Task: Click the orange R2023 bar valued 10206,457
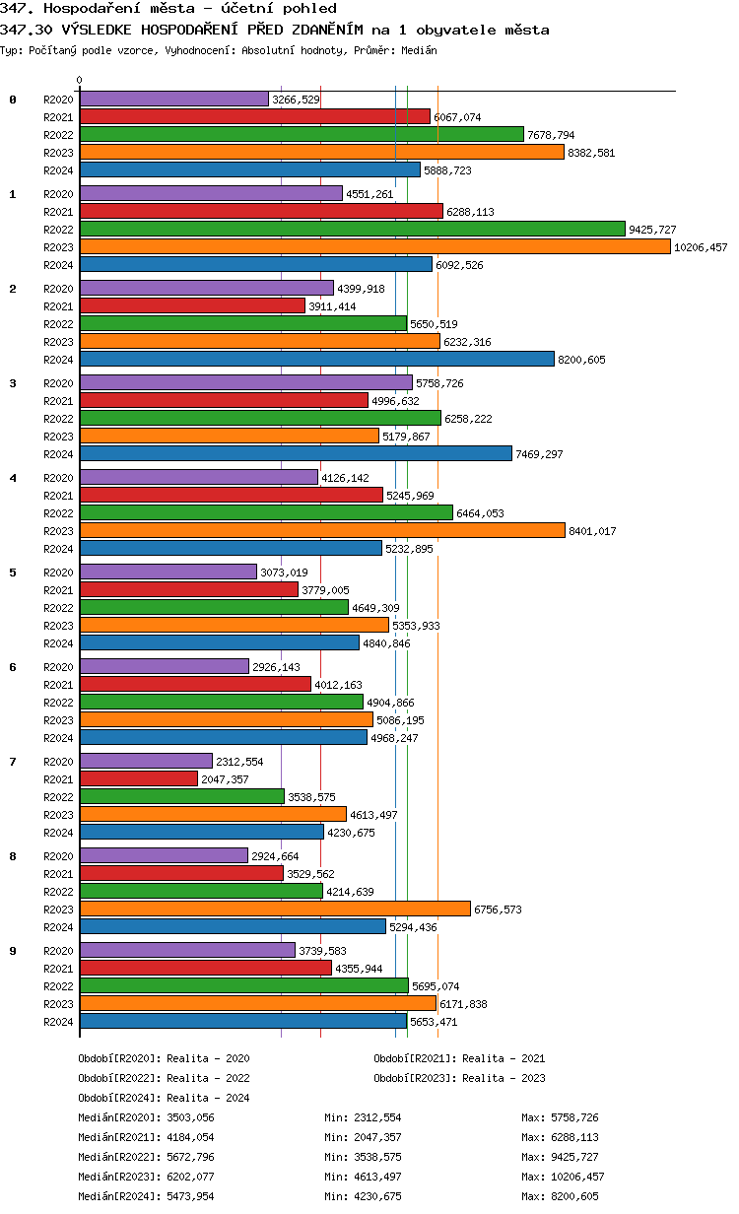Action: click(374, 246)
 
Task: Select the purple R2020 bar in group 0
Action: click(173, 99)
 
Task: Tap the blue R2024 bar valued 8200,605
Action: click(316, 359)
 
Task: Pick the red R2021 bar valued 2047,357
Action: click(138, 778)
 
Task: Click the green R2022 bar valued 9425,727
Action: click(352, 229)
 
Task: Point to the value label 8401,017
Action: click(592, 531)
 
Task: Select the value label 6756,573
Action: click(498, 910)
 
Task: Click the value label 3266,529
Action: click(296, 100)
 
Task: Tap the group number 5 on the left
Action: click(13, 573)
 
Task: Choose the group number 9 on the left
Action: click(13, 951)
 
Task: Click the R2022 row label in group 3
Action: click(58, 419)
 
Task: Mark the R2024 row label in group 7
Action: click(58, 833)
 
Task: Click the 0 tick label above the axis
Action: click(80, 80)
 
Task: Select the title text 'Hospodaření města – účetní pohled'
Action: click(187, 9)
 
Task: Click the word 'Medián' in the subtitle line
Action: click(418, 50)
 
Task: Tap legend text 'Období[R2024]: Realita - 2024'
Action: click(164, 1098)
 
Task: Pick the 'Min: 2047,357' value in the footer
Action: click(363, 1137)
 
